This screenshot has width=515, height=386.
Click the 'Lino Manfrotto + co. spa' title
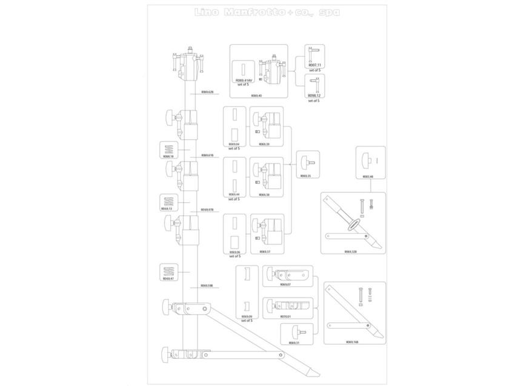(x=267, y=12)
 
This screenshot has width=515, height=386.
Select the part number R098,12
(x=313, y=95)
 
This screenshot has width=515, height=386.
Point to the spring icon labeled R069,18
(x=168, y=148)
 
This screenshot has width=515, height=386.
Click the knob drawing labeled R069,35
(x=306, y=162)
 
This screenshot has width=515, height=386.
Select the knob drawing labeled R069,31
(x=295, y=332)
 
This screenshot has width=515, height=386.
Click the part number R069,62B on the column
(x=207, y=92)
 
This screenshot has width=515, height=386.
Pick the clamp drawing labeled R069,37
(x=266, y=232)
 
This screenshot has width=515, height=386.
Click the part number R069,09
(x=247, y=316)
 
